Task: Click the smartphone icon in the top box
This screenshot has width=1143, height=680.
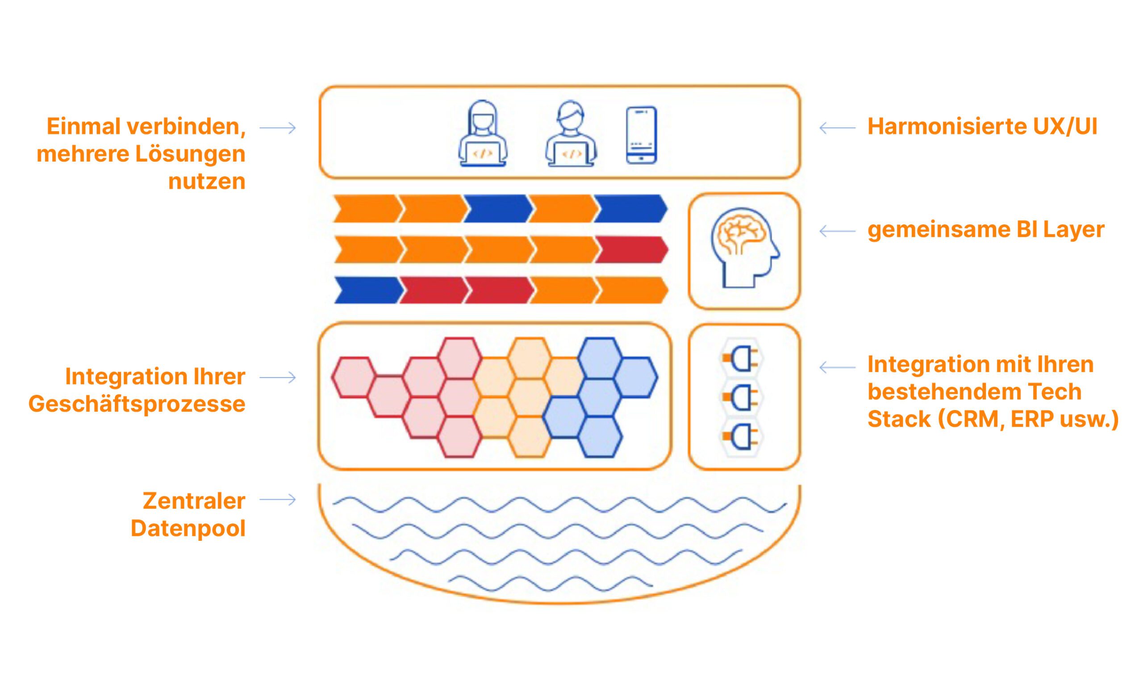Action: click(x=641, y=135)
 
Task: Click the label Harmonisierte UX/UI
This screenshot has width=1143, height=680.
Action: click(x=982, y=126)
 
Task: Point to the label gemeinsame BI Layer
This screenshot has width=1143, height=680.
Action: click(x=986, y=230)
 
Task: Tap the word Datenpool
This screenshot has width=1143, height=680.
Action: click(x=188, y=528)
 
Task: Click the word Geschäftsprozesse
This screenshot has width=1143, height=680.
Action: click(x=137, y=404)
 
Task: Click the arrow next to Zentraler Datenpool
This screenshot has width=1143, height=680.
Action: click(x=278, y=500)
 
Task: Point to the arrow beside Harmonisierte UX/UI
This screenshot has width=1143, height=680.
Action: click(x=837, y=128)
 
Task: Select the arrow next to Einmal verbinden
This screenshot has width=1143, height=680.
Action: click(x=278, y=128)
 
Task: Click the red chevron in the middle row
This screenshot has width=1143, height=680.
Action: click(x=631, y=250)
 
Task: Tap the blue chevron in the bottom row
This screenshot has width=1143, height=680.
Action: click(x=367, y=290)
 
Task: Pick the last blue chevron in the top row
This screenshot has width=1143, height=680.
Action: click(x=630, y=208)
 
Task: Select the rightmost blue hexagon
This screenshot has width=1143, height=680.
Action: click(x=635, y=377)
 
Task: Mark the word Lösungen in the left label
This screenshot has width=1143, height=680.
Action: click(x=190, y=154)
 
